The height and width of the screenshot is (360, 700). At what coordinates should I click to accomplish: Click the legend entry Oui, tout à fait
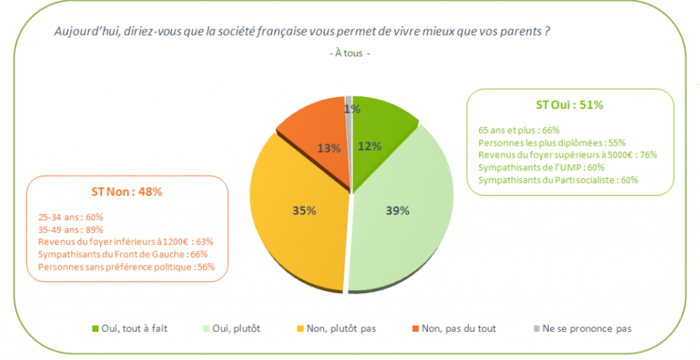(129, 328)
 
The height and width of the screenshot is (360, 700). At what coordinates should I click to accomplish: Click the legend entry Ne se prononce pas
(580, 328)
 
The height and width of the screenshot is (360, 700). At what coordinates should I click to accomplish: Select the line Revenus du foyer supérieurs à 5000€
(567, 154)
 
